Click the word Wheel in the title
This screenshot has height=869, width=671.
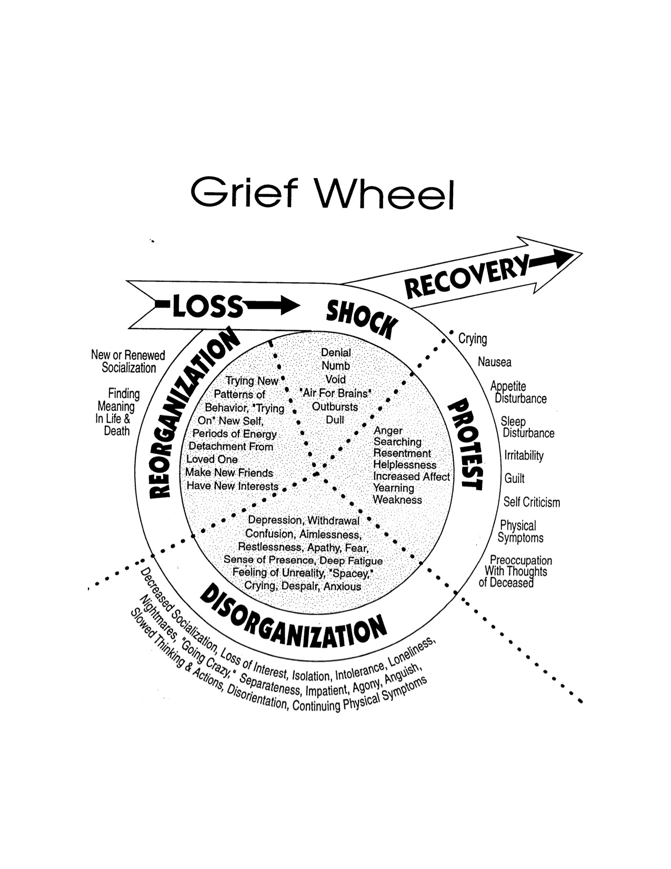click(x=384, y=194)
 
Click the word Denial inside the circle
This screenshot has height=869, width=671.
click(x=336, y=352)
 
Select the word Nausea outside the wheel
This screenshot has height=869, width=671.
click(x=494, y=362)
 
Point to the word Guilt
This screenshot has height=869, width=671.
click(x=514, y=479)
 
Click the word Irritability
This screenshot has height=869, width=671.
click(x=524, y=456)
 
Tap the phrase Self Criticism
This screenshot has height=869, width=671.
click(x=532, y=502)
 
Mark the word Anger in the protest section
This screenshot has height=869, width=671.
click(x=388, y=430)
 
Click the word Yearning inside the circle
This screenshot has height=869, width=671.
click(x=393, y=488)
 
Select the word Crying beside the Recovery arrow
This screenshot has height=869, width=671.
click(x=473, y=339)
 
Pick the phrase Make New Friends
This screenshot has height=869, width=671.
click(x=229, y=473)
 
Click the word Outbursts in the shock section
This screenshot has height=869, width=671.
click(x=335, y=407)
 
